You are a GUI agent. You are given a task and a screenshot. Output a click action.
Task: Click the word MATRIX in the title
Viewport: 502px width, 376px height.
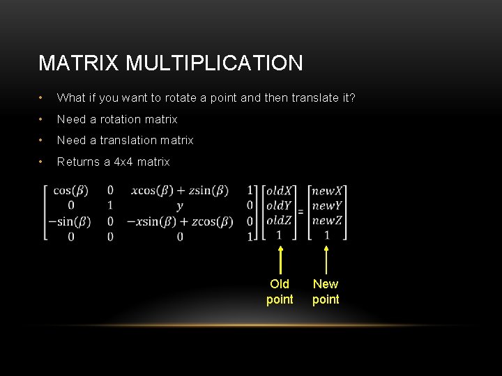[79, 63]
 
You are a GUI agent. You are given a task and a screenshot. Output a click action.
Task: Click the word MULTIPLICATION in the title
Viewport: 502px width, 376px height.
[215, 63]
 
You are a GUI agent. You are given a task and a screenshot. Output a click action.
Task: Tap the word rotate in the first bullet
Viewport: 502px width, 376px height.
[178, 98]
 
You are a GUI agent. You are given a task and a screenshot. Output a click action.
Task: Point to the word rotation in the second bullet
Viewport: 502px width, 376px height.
[121, 119]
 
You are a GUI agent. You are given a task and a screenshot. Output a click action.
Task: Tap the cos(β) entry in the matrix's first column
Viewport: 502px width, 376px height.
[72, 191]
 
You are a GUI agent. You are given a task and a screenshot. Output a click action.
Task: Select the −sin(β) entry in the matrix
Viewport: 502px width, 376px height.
[68, 221]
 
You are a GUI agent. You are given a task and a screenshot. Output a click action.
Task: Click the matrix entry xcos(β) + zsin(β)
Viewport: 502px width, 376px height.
[179, 191]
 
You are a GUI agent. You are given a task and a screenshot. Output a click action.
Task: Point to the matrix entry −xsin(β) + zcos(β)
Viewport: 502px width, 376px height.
[180, 221]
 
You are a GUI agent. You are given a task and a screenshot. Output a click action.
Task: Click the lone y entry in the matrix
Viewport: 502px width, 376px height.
[180, 206]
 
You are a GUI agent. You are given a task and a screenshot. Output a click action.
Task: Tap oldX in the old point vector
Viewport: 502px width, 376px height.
[279, 191]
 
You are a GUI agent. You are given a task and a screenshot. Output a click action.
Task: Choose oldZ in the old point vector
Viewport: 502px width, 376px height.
[279, 221]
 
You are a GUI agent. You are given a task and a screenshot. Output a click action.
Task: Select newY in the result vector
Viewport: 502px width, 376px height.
[327, 205]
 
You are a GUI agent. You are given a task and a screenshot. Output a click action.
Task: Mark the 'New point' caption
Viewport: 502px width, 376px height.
[326, 292]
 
